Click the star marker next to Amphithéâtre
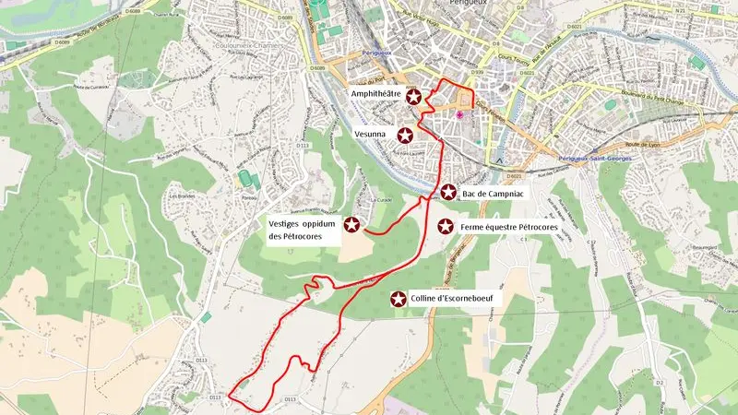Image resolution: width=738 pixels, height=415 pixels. [x=414, y=96]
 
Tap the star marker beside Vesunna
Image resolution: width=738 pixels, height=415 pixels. [x=404, y=135]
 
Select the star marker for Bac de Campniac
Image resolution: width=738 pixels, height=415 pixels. [x=447, y=192]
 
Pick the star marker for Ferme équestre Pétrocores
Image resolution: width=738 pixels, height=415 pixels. [x=445, y=226]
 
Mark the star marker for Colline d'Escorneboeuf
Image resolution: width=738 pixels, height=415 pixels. [x=399, y=299]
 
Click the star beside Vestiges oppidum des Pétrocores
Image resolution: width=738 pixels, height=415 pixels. [x=351, y=223]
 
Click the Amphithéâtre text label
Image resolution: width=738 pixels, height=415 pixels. [x=375, y=95]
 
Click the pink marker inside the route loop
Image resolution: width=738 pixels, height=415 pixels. [x=459, y=113]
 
